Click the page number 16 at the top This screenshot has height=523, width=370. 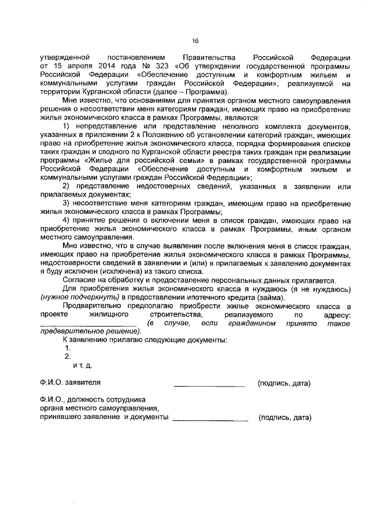coord(195,40)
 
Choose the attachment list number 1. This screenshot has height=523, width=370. coord(68,348)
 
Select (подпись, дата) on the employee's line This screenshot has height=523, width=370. coord(285,417)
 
